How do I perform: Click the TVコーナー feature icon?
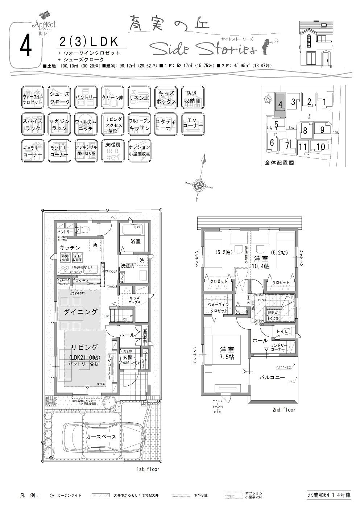(x=193, y=124)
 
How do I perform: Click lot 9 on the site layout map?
(x=322, y=129)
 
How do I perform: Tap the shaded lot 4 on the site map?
(x=280, y=104)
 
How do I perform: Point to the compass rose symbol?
(x=199, y=186)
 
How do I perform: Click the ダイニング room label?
(x=80, y=312)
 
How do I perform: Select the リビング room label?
(x=84, y=347)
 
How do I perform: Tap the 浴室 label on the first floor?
(x=136, y=241)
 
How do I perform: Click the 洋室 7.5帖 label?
(x=227, y=353)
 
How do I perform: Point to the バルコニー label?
(x=272, y=377)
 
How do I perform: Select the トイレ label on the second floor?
(x=282, y=331)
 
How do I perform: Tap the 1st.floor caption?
(x=148, y=469)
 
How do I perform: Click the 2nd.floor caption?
(x=284, y=410)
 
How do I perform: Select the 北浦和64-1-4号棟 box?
(x=328, y=495)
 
